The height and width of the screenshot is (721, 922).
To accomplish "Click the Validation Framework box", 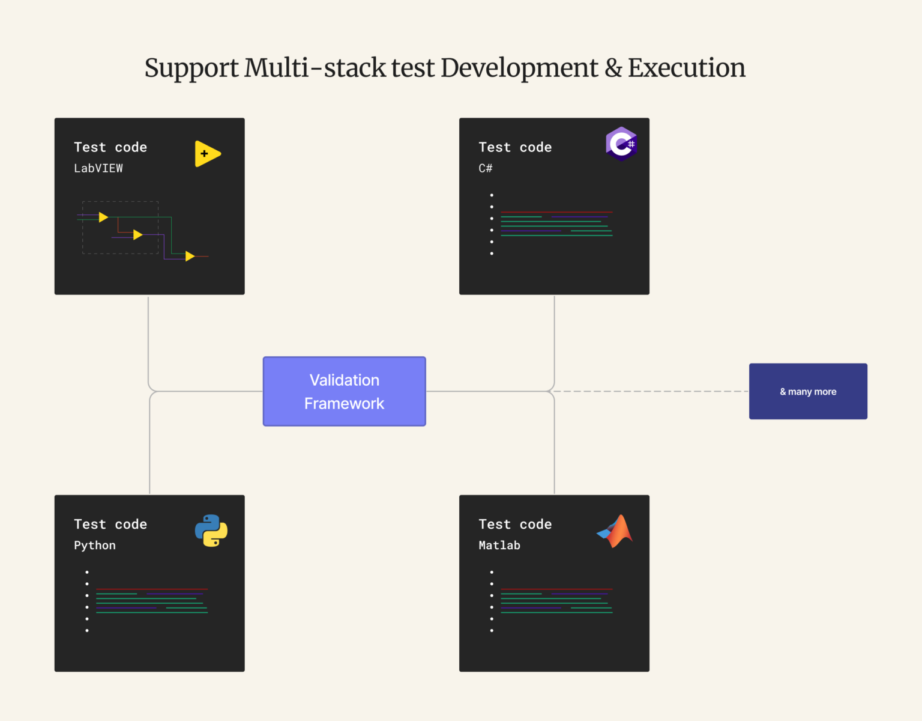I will tap(344, 391).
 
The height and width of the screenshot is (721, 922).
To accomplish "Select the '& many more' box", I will tap(807, 391).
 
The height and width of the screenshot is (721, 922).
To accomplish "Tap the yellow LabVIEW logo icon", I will tap(207, 154).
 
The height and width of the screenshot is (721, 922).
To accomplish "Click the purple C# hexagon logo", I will tap(621, 144).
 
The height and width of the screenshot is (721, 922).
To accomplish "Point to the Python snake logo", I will tap(211, 531).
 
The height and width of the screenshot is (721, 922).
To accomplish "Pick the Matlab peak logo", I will tap(616, 531).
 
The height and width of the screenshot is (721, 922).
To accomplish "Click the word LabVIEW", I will tap(98, 168).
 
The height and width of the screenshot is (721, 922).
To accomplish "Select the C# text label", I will tap(485, 168).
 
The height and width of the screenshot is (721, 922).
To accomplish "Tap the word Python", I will tap(95, 546).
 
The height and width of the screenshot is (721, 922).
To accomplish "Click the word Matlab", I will tap(499, 546).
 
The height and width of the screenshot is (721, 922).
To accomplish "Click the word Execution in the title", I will tap(686, 68).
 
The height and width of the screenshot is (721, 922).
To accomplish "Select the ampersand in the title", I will tap(613, 68).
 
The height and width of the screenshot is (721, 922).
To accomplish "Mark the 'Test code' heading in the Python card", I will tap(110, 524).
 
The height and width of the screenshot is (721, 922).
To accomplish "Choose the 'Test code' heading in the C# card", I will tap(515, 147).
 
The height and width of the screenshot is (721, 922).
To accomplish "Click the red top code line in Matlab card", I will tap(556, 589).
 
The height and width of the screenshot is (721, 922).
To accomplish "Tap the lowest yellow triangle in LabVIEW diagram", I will tap(190, 257).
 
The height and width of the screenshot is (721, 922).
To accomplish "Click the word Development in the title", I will tap(519, 68).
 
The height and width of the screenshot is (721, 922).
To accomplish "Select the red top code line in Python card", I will tap(152, 589).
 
